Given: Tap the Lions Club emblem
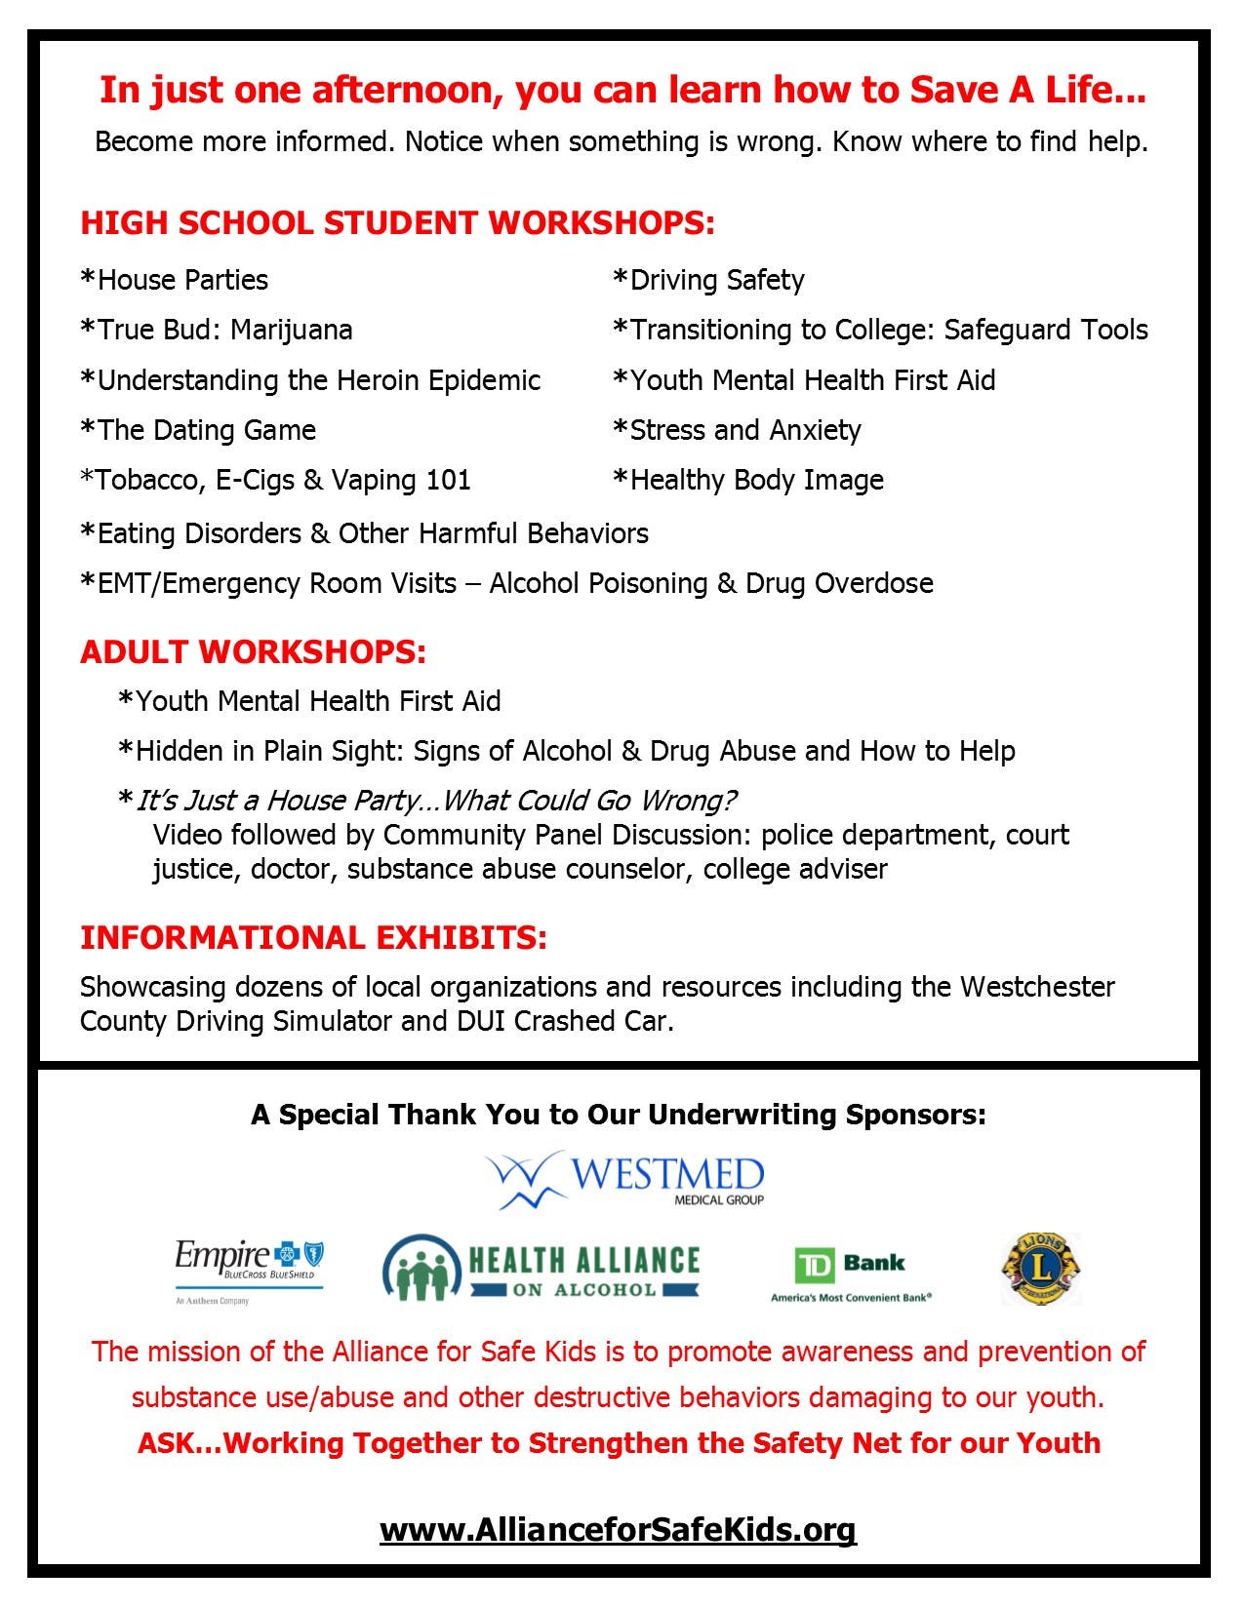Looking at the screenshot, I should (x=1041, y=1268).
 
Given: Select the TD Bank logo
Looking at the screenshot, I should (x=851, y=1274).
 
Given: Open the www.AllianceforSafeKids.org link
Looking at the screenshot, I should (x=618, y=1528).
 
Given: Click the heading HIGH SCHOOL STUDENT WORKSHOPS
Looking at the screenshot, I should (x=397, y=223).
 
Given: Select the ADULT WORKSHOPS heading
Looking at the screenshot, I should (x=253, y=651).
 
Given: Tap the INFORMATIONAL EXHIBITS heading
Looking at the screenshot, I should (x=313, y=937).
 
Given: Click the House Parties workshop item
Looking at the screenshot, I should (x=175, y=281).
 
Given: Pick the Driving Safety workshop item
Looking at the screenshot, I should (x=709, y=281).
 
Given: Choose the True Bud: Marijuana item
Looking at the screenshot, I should (x=217, y=330).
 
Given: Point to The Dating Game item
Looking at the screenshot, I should (x=198, y=430).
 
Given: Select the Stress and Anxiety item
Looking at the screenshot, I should (x=738, y=430).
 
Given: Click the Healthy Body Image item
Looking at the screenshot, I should (x=748, y=480).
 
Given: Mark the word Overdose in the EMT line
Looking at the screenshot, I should (x=873, y=583).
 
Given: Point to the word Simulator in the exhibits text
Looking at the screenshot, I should (x=329, y=1021).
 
